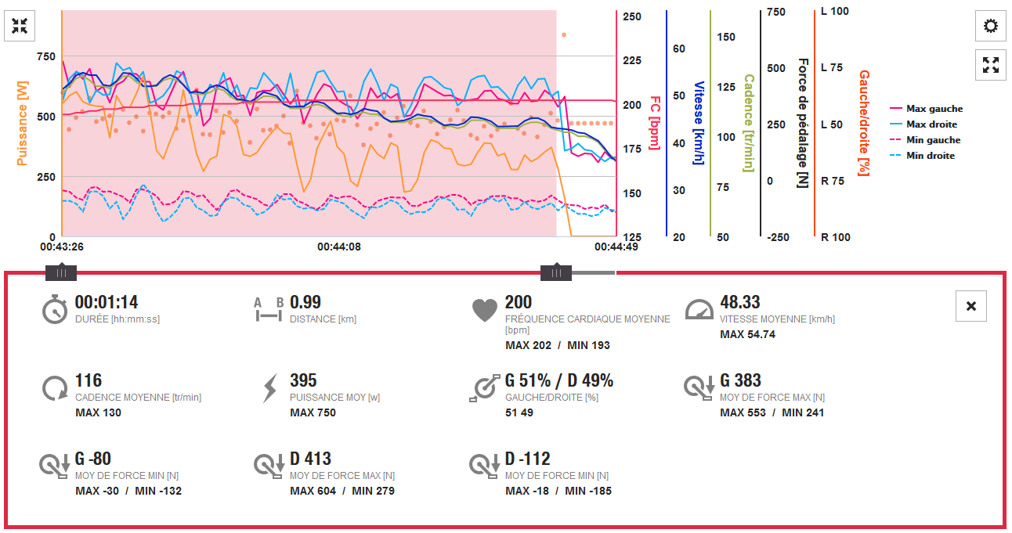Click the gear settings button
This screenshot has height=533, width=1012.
991,26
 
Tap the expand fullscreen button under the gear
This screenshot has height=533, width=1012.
991,65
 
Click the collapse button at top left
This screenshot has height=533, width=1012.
20,26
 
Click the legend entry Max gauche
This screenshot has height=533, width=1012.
934,109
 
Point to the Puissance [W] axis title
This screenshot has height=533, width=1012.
22,124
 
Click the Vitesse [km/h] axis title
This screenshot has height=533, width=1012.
699,123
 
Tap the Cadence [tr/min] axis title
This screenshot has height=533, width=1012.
748,123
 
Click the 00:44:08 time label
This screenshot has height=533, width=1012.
339,247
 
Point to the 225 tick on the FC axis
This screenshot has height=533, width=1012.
632,60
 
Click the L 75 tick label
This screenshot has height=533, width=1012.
831,67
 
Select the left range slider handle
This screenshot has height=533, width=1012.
61,272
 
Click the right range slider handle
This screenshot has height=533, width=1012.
556,272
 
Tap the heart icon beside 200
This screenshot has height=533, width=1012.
485,310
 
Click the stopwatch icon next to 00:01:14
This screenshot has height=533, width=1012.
55,310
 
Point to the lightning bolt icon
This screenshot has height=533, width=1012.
269,388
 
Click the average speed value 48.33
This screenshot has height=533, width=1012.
740,302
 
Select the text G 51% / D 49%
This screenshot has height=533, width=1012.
559,380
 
